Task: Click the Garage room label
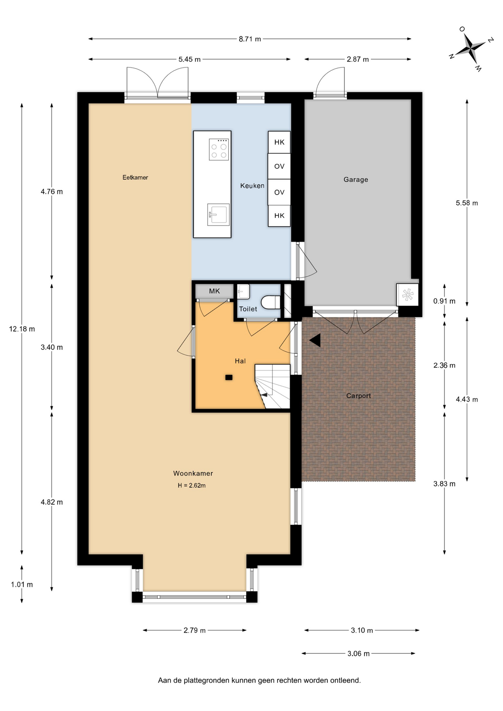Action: [x=356, y=180]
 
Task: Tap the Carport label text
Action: [x=358, y=396]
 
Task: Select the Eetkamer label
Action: [x=135, y=177]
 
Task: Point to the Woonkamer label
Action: [x=193, y=473]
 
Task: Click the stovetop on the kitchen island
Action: [x=219, y=149]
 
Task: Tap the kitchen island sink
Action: [x=218, y=214]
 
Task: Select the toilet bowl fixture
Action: [x=271, y=302]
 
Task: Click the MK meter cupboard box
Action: [x=214, y=291]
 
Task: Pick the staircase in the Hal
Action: [x=272, y=387]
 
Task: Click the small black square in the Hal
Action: [x=229, y=377]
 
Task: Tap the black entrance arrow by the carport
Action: [x=315, y=340]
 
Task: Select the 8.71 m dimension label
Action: [x=250, y=39]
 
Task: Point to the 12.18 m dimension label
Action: [x=22, y=329]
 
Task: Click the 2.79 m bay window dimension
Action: [x=194, y=630]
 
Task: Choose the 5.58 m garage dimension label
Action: [x=467, y=203]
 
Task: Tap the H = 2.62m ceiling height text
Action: [x=191, y=485]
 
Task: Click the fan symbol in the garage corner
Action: [x=407, y=295]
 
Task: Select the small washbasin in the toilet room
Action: [x=243, y=291]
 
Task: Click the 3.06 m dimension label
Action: [x=358, y=654]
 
